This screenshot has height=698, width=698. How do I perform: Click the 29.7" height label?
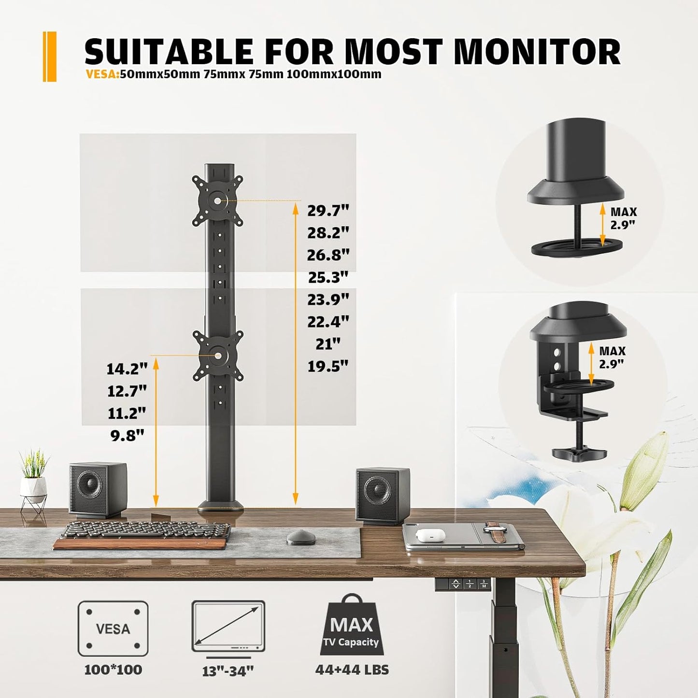click(328, 211)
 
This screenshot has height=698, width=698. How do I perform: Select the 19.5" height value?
click(328, 367)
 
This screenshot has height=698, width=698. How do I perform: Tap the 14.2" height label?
click(127, 369)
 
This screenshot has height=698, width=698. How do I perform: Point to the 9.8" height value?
click(127, 436)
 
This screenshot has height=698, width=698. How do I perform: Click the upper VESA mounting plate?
click(217, 200)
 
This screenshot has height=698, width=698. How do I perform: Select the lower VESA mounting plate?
click(217, 356)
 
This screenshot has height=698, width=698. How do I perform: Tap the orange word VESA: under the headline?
click(102, 74)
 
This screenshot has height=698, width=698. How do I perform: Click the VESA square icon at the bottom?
click(113, 629)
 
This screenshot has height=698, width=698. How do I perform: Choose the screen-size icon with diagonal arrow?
click(228, 627)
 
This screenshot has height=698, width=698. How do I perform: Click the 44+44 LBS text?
click(352, 670)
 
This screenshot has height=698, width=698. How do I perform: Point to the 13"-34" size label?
click(228, 671)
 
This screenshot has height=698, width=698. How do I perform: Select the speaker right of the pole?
click(382, 494)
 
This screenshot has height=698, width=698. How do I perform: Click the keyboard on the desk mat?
click(145, 531)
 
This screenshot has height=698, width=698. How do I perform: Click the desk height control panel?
click(463, 584)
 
